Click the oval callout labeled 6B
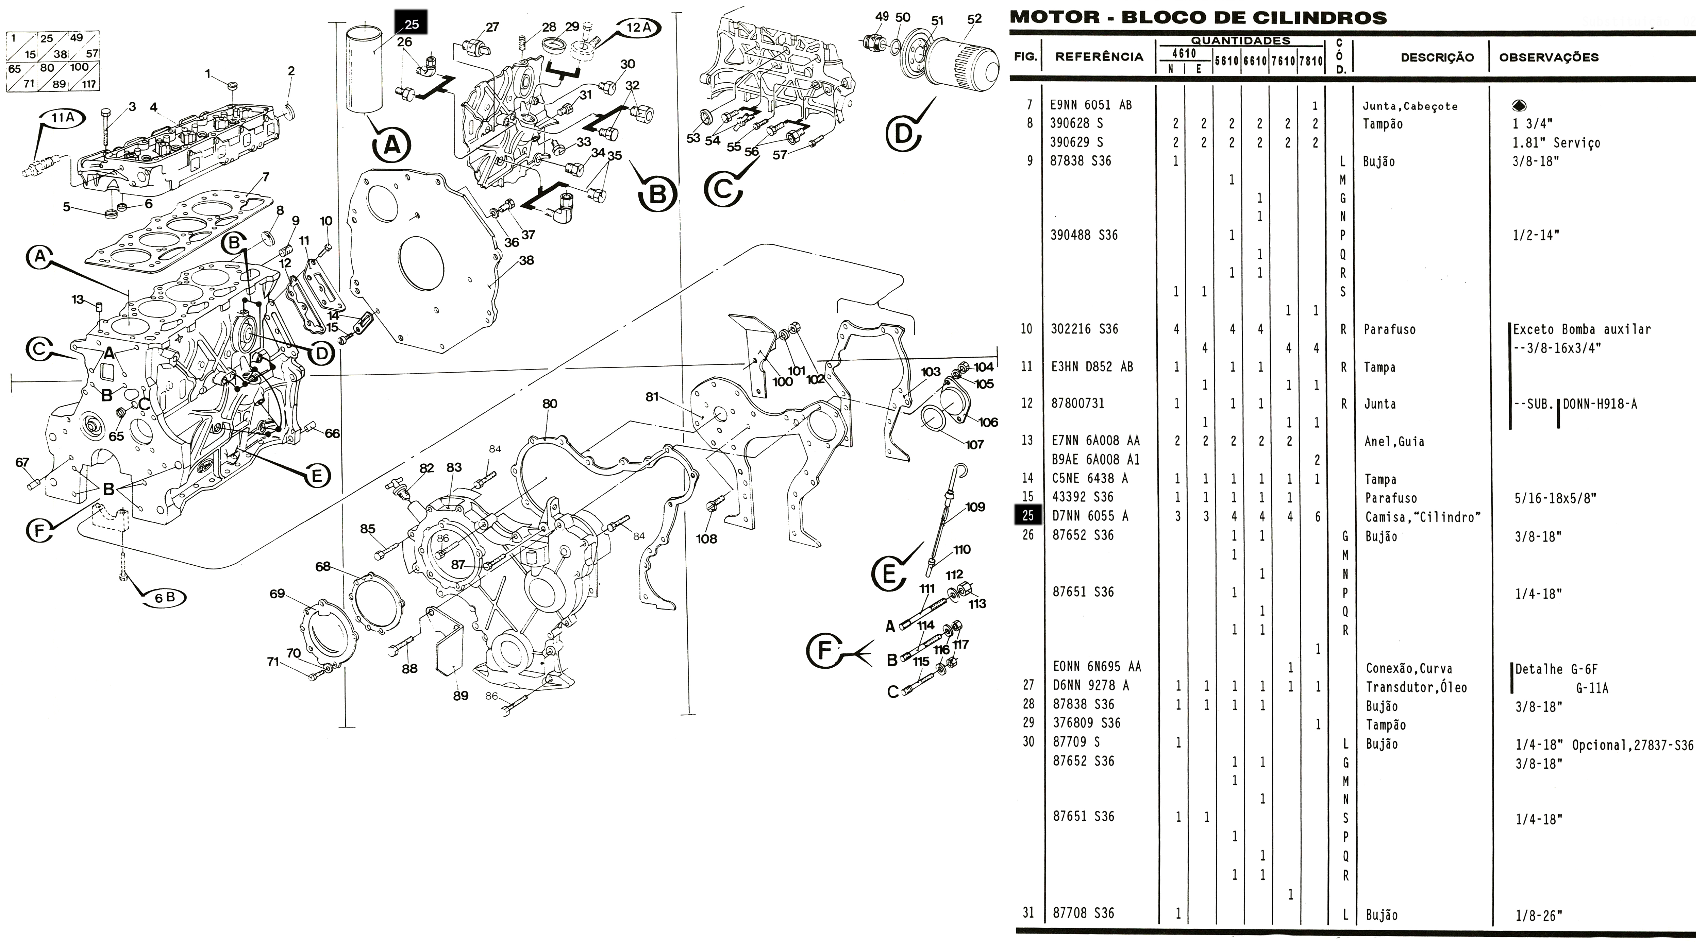164,597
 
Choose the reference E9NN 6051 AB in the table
1091,105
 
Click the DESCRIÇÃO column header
1437,58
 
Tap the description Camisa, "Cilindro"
1423,517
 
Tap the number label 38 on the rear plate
526,260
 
